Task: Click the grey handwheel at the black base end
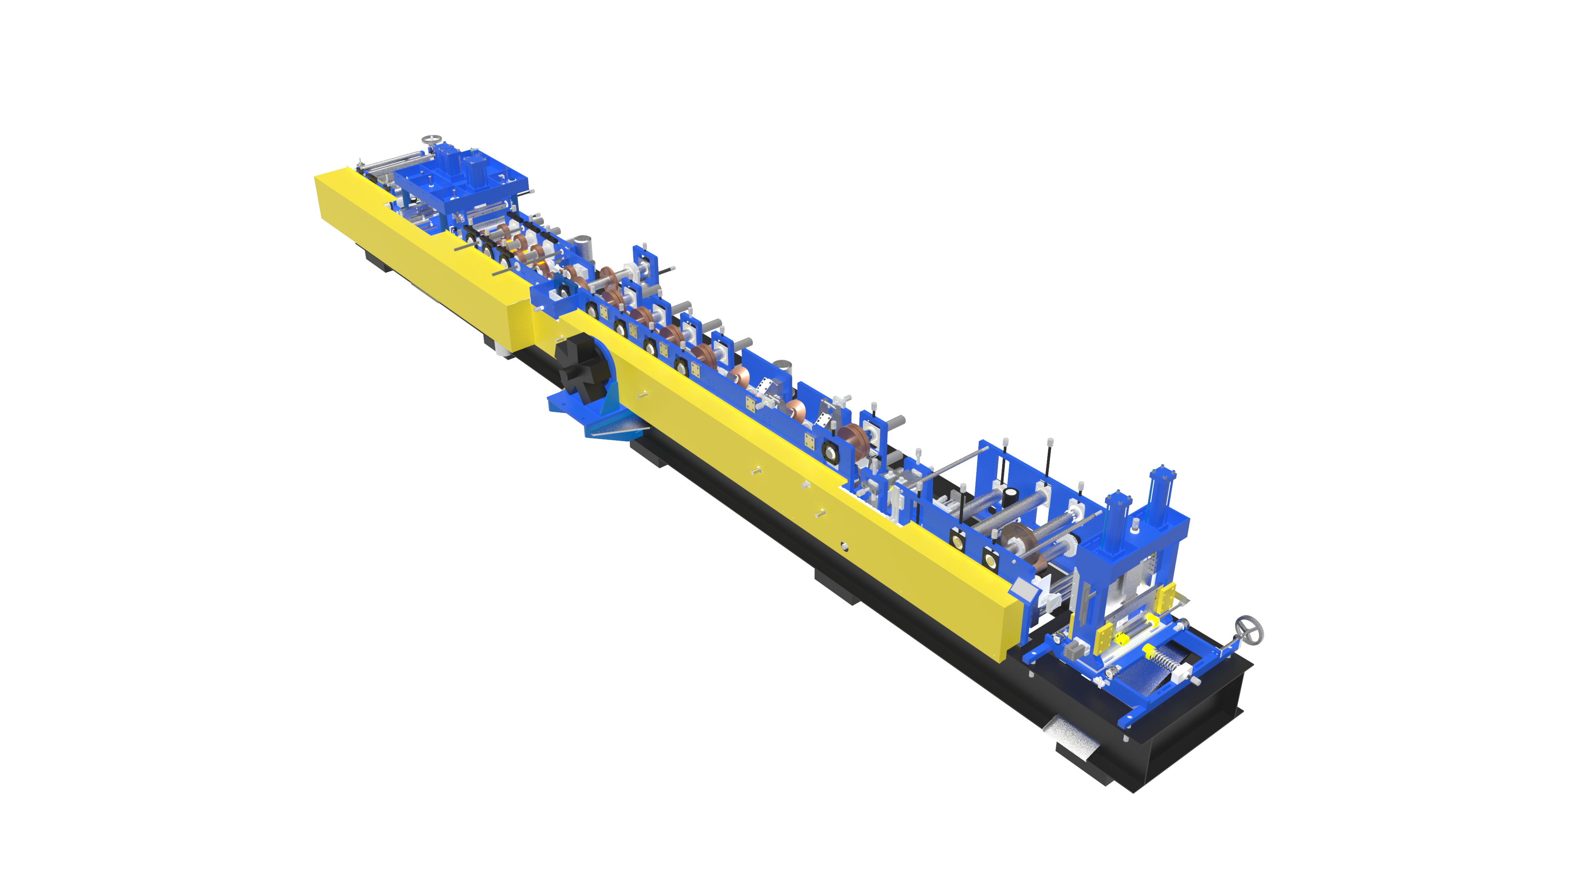pyautogui.click(x=1248, y=630)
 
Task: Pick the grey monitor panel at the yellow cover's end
pyautogui.click(x=1023, y=588)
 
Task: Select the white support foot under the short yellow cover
pyautogui.click(x=504, y=351)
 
